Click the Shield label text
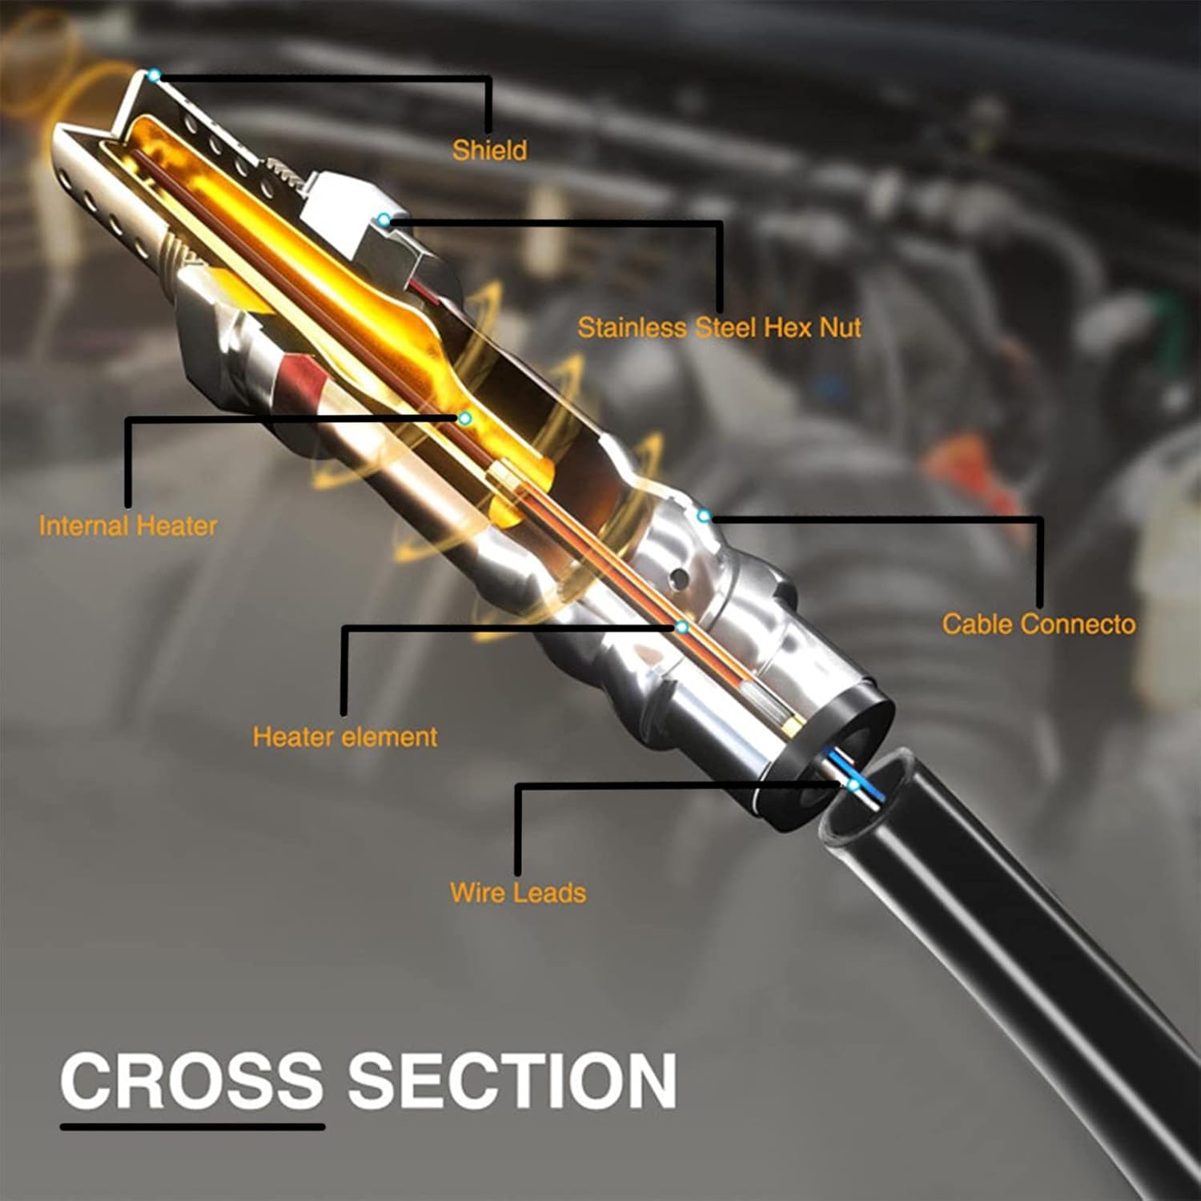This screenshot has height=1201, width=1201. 489,151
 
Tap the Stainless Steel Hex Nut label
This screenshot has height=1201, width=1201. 719,327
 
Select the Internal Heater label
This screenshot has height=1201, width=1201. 128,526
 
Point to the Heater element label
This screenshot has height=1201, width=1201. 345,737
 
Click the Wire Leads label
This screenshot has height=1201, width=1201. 518,892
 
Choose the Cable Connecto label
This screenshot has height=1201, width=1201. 1038,624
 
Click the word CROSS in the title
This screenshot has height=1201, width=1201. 191,1081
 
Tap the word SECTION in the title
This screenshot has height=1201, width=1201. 512,1081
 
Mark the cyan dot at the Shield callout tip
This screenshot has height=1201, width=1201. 155,75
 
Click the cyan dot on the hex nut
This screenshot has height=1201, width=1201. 385,219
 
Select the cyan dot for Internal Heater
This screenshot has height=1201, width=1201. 464,418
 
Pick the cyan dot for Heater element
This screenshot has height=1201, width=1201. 681,627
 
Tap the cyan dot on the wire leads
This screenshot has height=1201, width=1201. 854,785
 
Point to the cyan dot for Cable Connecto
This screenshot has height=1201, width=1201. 704,516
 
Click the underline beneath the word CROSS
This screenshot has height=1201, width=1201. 193,1127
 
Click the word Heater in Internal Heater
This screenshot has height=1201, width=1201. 177,526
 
